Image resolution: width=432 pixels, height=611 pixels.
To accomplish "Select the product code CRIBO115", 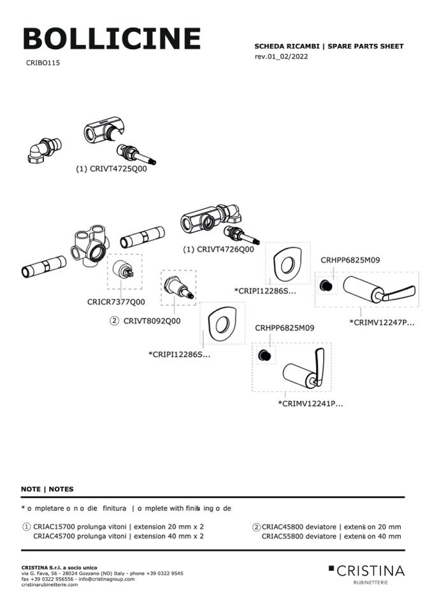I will point(43,63).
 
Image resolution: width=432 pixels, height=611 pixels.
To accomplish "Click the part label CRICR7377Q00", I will point(116,302).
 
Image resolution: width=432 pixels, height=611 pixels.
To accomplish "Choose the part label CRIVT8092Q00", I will point(152,320).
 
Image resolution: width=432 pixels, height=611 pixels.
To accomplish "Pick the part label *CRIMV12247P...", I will point(382,322).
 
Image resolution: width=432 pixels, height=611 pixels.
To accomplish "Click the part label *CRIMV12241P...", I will point(310,403).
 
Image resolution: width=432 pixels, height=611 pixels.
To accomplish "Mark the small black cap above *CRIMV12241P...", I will point(264,354).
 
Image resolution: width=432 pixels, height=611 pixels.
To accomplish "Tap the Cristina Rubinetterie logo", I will point(366,571).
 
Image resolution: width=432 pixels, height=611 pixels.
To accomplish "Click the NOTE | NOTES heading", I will point(47,489).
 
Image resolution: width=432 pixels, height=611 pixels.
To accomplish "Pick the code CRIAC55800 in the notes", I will point(282,536).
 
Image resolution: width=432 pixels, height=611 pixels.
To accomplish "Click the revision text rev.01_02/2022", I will point(281,57).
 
